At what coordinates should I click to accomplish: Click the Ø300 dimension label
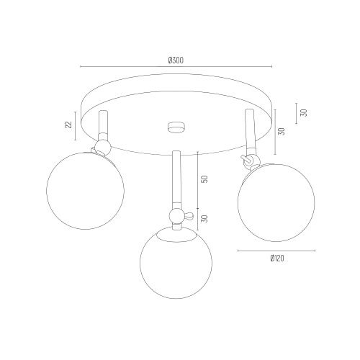point(176,60)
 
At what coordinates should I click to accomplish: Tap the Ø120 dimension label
point(277,258)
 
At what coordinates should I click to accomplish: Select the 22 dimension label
point(68,125)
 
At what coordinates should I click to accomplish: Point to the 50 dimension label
point(204,179)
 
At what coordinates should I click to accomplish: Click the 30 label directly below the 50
point(204,218)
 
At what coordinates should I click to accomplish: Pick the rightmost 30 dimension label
point(304,112)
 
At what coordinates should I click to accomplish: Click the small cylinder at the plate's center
point(176,127)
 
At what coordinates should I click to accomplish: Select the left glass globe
point(85,191)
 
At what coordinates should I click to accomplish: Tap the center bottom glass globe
point(176,263)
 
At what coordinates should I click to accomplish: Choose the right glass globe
point(276,203)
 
